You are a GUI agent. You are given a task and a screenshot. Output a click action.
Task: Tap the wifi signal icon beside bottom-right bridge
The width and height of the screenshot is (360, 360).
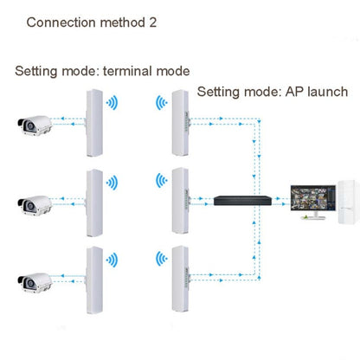tap(160, 260)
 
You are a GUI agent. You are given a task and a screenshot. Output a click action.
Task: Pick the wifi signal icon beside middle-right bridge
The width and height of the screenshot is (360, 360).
tap(160, 182)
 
